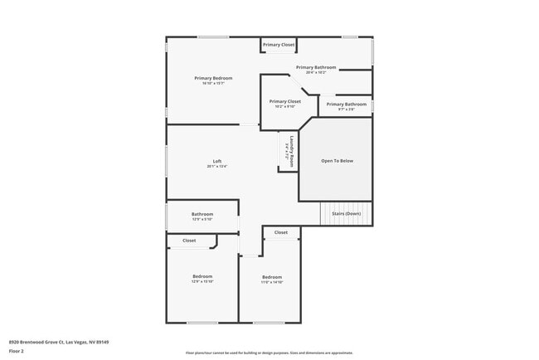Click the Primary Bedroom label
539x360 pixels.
coord(213,78)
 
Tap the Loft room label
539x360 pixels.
coord(217,161)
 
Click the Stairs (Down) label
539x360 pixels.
coord(347,214)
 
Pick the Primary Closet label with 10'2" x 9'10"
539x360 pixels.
coord(284,101)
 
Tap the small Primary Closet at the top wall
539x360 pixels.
coord(279,44)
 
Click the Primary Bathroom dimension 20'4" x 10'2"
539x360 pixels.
coord(316,72)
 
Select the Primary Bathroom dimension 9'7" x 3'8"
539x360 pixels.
coord(346,109)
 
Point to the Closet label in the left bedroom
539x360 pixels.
coord(189,241)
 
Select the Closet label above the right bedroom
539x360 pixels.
coord(281,232)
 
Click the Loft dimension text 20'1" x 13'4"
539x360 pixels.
coord(217,167)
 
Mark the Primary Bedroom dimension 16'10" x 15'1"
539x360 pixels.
coord(213,83)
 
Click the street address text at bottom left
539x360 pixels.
coord(59,341)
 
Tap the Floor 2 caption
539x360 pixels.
coord(17,351)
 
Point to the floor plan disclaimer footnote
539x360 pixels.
coord(269,352)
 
